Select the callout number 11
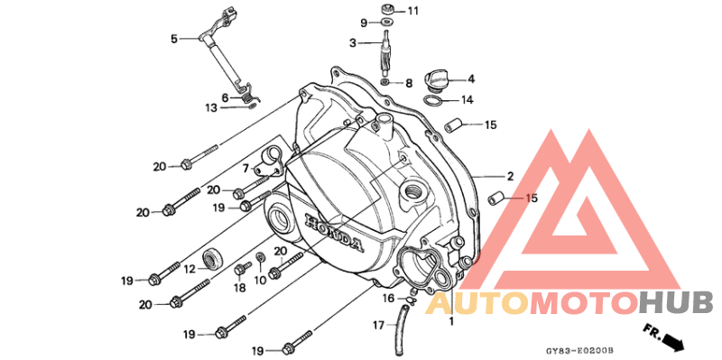coord(412,11)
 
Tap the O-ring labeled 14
coord(432,100)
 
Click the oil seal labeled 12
coord(213,261)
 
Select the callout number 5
coord(174,39)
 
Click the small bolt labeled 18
coord(242,269)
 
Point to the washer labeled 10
coord(260,257)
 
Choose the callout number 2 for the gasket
coord(510,176)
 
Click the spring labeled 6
coord(248,98)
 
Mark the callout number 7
coord(245,169)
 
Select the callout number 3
coord(353,43)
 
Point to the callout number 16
coord(389,299)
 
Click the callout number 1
coord(451,321)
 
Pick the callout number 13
coord(211,107)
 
